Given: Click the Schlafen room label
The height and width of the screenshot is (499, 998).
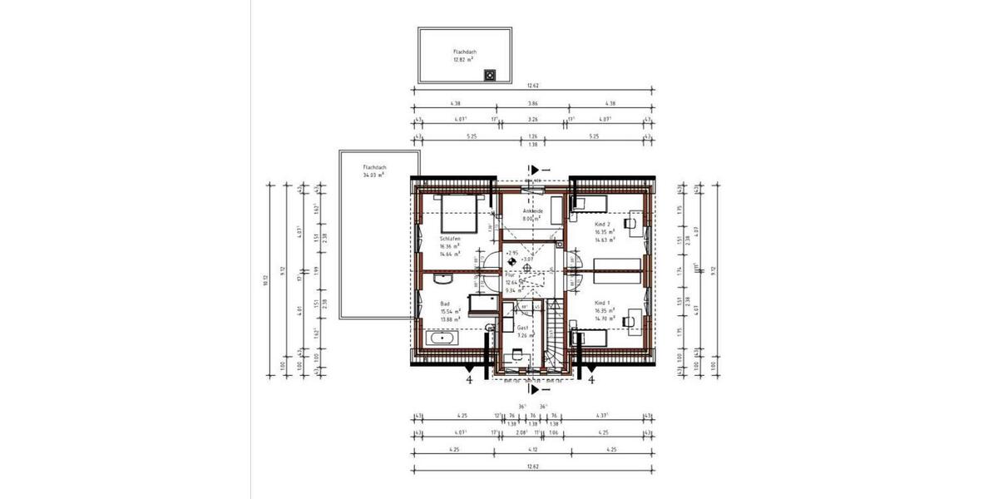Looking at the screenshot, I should [x=450, y=238].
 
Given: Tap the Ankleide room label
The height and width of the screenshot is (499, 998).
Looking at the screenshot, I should [x=532, y=212].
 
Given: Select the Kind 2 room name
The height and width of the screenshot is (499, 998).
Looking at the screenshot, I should [x=603, y=225].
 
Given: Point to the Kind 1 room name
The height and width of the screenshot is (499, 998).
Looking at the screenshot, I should [x=603, y=303].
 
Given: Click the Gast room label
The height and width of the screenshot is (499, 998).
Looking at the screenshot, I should [x=523, y=329].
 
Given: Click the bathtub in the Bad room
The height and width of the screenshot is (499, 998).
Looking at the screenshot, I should [x=442, y=338].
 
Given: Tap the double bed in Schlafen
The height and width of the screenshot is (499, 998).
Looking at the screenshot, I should [x=457, y=213].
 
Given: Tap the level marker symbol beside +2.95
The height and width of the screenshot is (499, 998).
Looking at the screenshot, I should [x=511, y=260].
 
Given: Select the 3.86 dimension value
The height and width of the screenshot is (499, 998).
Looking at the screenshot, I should [x=532, y=103].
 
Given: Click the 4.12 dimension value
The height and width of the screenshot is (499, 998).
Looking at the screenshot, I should [x=532, y=450].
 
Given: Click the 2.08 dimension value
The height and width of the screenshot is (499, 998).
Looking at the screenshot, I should [x=521, y=432].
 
